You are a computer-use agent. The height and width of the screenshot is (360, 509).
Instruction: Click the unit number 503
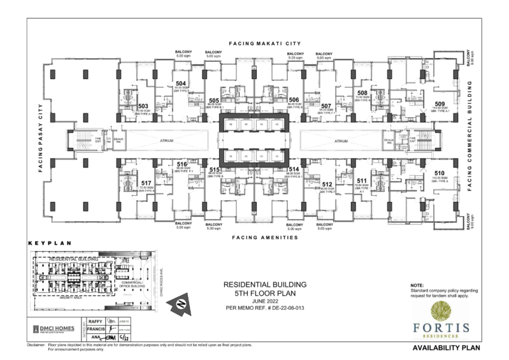pyautogui.click(x=143, y=106)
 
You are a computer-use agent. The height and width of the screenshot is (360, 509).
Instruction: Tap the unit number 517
pyautogui.click(x=146, y=183)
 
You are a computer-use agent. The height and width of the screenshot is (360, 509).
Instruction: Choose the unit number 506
pyautogui.click(x=294, y=100)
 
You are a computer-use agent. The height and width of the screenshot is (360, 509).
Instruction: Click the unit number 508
pyautogui.click(x=362, y=92)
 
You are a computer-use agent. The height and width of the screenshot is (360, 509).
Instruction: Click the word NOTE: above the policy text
pyautogui.click(x=417, y=285)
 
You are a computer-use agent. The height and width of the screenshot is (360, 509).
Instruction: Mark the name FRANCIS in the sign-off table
pyautogui.click(x=95, y=329)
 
